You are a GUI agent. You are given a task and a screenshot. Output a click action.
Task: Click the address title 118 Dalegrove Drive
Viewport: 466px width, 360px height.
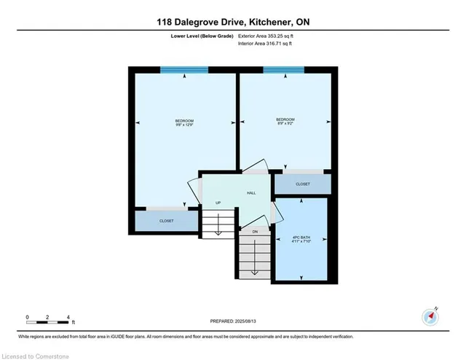pos(233,23)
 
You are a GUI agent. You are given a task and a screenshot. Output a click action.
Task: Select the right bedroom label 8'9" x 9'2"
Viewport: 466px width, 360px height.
pos(285,121)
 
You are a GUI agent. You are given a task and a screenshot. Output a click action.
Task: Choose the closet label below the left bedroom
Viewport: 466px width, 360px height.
pos(166,221)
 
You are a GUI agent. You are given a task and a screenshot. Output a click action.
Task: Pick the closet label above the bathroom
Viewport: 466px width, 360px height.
pos(303,184)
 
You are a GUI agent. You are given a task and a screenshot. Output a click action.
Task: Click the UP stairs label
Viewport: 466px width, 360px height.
pos(218,203)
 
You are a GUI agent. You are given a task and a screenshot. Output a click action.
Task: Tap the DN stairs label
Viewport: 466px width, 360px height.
pos(255,231)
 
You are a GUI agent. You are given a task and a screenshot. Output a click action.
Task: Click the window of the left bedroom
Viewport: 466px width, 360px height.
pos(184,69)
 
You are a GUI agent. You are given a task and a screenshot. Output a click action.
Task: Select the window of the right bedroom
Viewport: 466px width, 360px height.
pos(284,69)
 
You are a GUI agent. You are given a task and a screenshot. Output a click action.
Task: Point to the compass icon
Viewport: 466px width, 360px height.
pos(430,317)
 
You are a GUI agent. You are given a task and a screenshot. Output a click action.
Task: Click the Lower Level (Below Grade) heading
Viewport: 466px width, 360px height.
pos(204,35)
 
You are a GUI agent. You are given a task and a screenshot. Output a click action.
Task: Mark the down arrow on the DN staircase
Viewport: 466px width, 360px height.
pos(255,271)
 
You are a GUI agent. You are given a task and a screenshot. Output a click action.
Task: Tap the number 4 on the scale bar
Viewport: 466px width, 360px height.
pos(68,317)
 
